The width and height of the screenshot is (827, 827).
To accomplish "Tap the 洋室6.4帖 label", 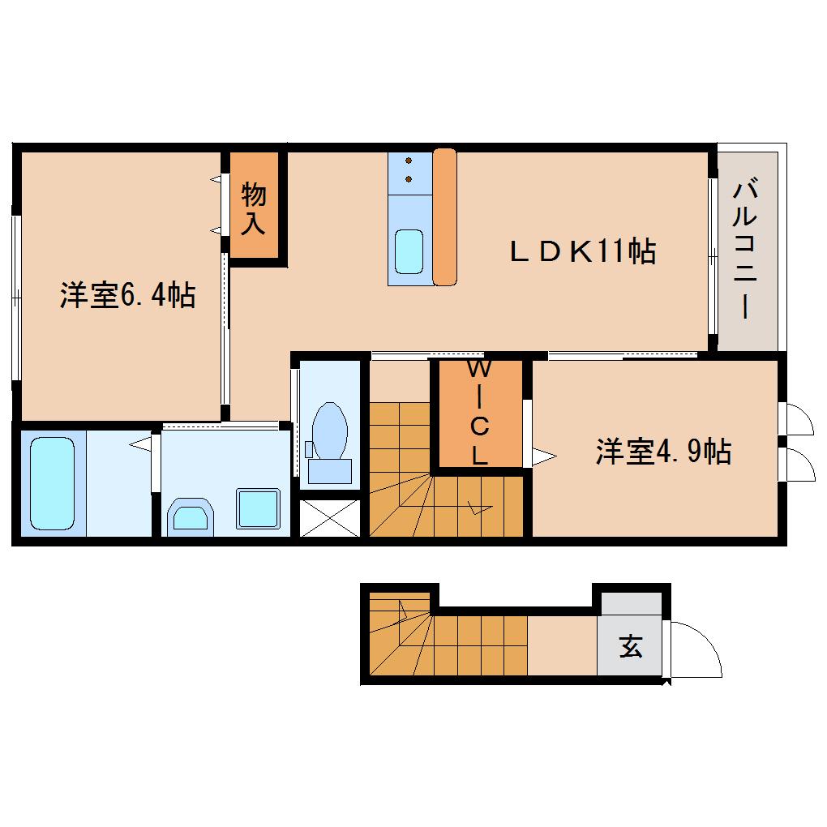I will click(x=126, y=296).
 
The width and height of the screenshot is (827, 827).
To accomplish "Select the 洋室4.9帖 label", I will click(x=663, y=451).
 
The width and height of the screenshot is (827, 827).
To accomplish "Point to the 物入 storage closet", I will click(x=254, y=208).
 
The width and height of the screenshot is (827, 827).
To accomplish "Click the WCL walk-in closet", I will click(x=480, y=413).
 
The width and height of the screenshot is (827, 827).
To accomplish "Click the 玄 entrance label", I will click(x=630, y=647).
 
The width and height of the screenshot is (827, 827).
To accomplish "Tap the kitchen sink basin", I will click(x=409, y=251).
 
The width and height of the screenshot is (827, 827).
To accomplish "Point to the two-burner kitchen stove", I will click(x=408, y=170).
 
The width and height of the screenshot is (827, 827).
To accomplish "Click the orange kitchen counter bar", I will click(x=445, y=217).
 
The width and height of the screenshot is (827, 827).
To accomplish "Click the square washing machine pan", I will click(x=258, y=509).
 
